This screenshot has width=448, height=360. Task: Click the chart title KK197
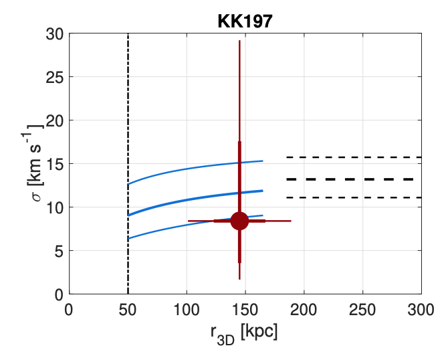coord(245,21)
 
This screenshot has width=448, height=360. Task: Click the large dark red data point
coord(239,221)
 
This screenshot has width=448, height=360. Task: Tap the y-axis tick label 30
coord(56,33)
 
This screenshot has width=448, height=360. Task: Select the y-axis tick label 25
coord(56,77)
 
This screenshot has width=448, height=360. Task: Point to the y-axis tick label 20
coord(56,120)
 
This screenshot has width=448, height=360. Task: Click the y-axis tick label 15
coord(56,164)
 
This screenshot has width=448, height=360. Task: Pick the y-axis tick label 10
coord(56,207)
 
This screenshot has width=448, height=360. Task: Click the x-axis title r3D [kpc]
coord(245,332)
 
